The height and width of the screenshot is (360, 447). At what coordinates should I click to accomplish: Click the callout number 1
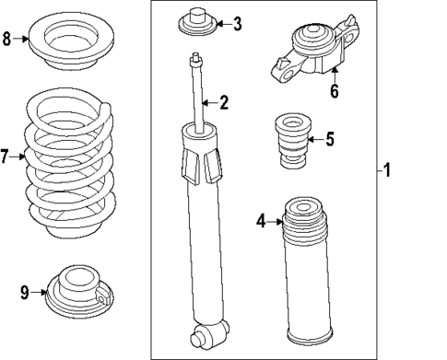click(388, 170)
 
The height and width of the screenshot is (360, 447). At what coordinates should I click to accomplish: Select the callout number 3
click(237, 24)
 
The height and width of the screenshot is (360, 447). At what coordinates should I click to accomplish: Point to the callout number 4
click(261, 220)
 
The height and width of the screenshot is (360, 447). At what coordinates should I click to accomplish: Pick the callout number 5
click(331, 140)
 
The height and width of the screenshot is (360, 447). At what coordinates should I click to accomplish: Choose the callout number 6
click(335, 91)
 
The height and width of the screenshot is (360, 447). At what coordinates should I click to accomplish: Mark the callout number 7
click(6, 157)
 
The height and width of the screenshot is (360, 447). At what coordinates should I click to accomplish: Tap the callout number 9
click(25, 293)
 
